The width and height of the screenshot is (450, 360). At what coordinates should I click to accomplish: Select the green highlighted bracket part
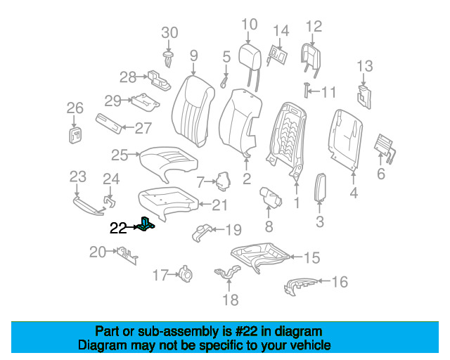pos(147,224)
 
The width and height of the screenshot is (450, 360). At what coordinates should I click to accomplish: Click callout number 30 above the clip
pos(170,32)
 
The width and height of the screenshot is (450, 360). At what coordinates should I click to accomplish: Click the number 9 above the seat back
pos(193,54)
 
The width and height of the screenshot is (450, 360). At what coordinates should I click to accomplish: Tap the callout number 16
pos(340,283)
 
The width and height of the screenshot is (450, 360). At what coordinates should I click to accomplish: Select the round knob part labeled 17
pos(187,274)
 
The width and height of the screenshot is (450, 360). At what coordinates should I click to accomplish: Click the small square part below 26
pos(75,134)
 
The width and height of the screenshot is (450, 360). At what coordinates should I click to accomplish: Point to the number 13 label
pos(364,67)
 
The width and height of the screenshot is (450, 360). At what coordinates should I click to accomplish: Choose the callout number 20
pos(97,252)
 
